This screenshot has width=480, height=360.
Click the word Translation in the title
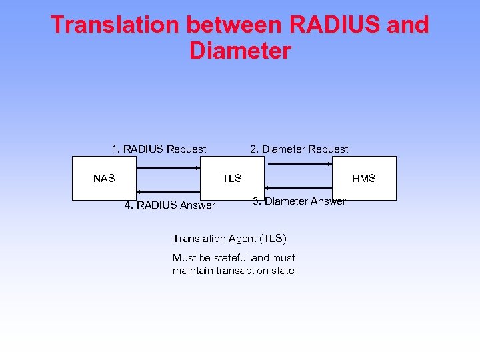(x=115, y=25)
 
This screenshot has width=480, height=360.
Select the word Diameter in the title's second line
(x=240, y=51)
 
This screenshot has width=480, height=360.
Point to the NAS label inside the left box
(x=104, y=178)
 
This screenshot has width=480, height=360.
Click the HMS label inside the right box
(x=364, y=178)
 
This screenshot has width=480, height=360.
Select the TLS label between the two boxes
(x=232, y=178)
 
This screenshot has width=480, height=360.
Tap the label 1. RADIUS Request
(x=159, y=149)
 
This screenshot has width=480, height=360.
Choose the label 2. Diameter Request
(x=299, y=149)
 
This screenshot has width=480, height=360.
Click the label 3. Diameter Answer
(x=299, y=201)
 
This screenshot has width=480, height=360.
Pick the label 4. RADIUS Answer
(x=170, y=205)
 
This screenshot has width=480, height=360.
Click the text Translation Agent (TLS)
(x=230, y=238)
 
